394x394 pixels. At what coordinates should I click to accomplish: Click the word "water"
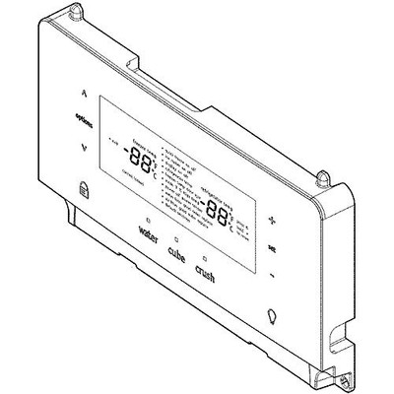149,236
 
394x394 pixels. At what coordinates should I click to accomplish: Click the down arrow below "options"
85,148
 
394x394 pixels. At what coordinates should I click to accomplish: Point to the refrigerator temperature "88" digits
219,210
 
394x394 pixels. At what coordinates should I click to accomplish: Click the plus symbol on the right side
273,221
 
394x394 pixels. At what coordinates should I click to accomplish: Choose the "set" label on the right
272,247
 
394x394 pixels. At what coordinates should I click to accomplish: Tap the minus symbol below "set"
271,275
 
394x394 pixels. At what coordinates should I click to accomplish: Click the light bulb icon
271,317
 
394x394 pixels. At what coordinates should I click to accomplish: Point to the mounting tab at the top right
322,177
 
